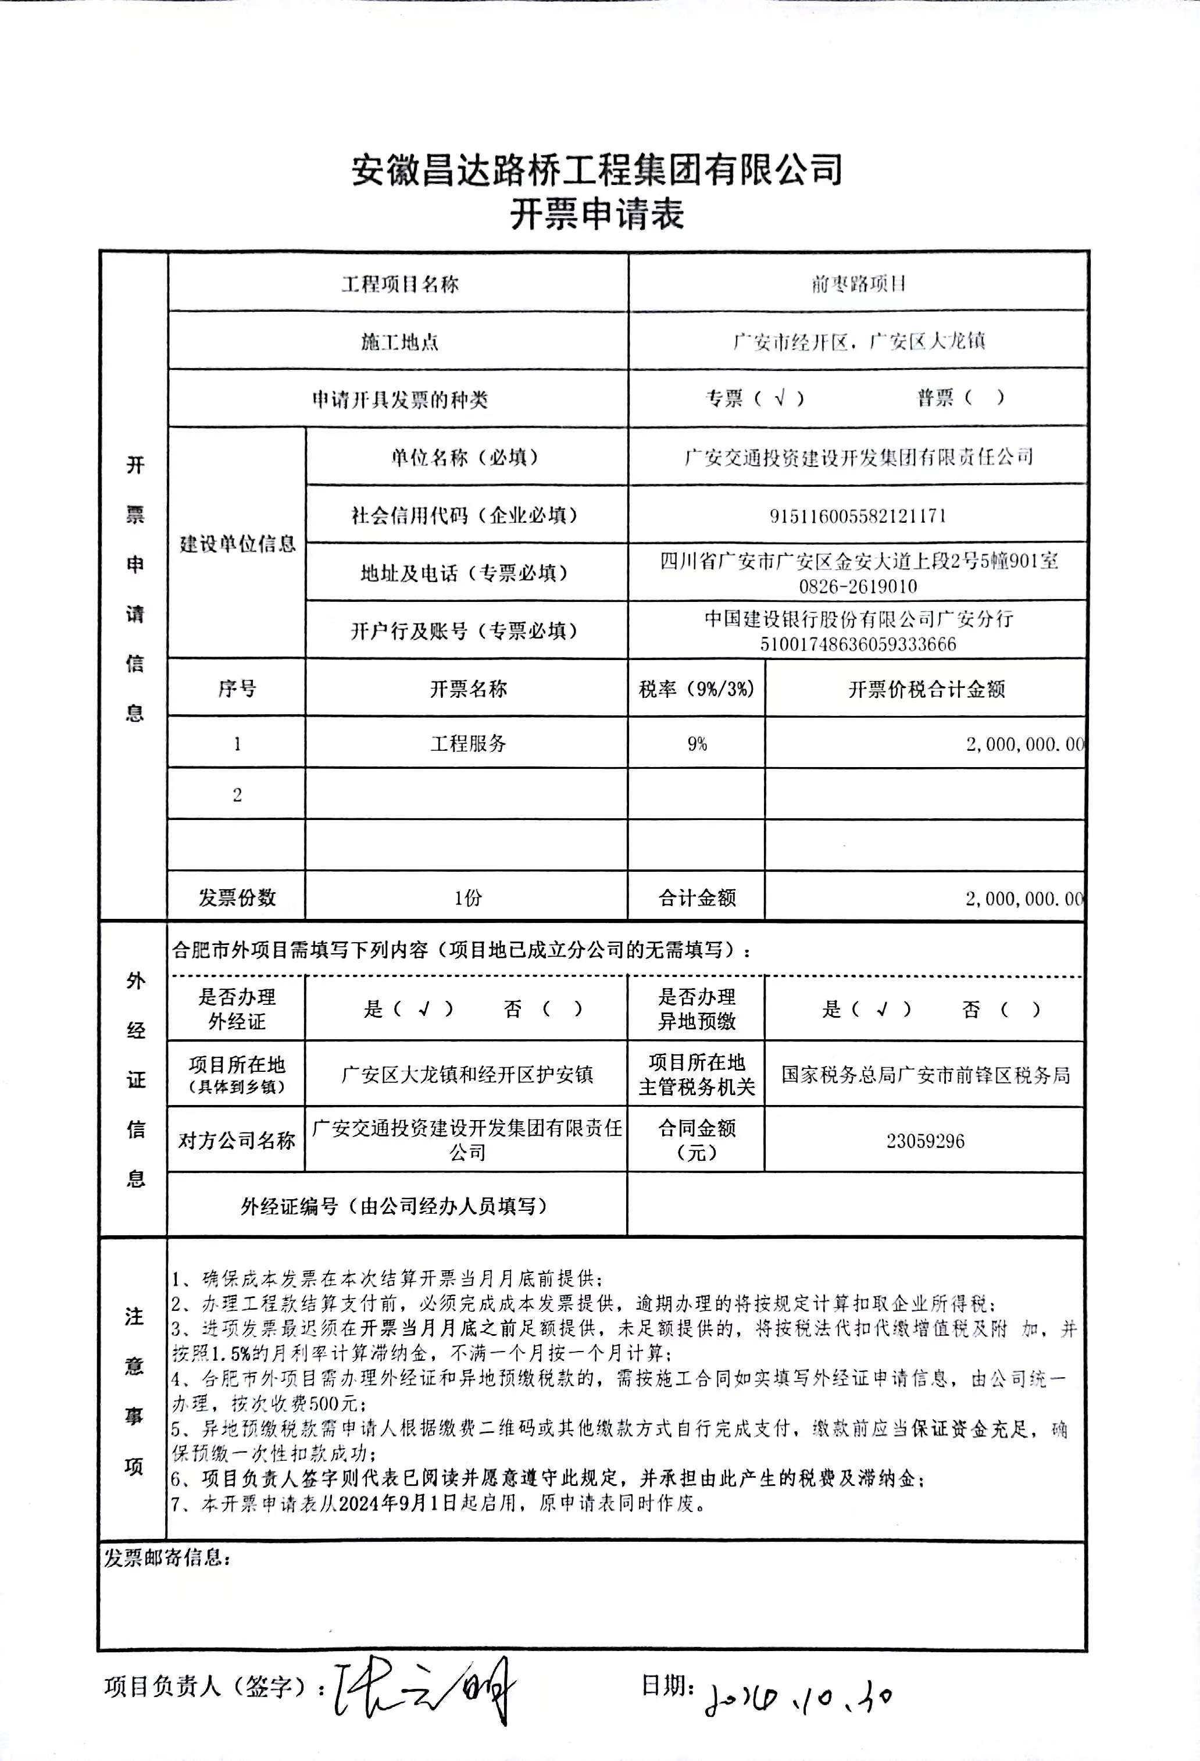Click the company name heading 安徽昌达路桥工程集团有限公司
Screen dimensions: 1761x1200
point(597,169)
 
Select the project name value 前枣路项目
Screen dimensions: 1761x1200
point(858,284)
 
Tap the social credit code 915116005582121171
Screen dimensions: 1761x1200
point(858,516)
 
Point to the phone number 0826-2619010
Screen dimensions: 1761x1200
point(858,586)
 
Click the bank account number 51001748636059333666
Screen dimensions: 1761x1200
point(858,644)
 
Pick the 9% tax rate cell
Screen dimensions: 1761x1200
point(697,744)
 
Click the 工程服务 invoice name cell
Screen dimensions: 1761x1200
point(467,743)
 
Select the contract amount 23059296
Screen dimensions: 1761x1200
point(925,1141)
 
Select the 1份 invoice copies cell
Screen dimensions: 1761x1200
point(467,898)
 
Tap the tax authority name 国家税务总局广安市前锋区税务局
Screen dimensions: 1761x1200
point(926,1075)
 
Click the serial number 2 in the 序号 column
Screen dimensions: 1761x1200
point(237,795)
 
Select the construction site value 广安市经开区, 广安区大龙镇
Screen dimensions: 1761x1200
point(858,342)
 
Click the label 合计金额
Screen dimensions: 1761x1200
point(697,898)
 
